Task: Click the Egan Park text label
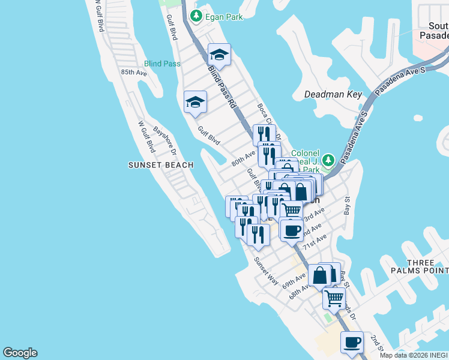[223, 17]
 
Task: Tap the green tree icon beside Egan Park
[196, 17]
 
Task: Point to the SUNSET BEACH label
[161, 165]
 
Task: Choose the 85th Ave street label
[134, 73]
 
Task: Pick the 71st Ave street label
[314, 242]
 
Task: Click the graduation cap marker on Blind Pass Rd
[219, 56]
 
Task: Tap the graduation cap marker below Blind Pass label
[195, 103]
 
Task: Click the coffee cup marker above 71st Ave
[292, 230]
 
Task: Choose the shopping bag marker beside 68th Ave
[321, 275]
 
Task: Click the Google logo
[20, 353]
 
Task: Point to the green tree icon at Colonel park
[328, 160]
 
